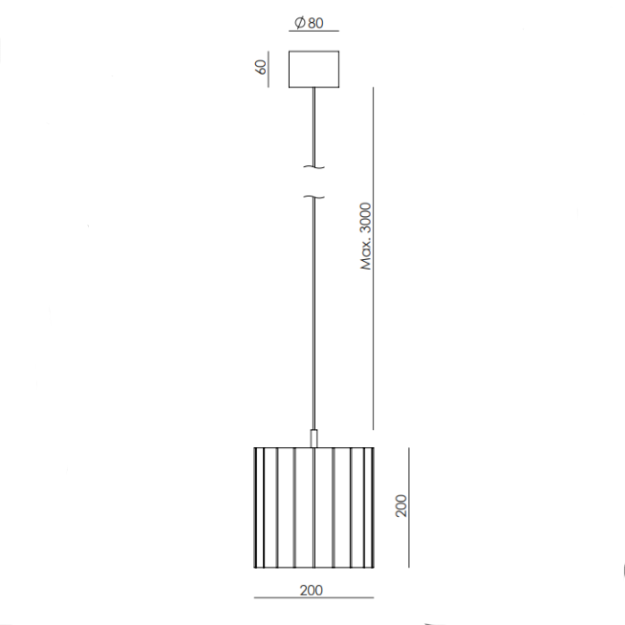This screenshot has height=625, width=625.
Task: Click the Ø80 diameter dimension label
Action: (x=309, y=23)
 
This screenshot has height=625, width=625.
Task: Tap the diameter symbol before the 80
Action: (x=300, y=23)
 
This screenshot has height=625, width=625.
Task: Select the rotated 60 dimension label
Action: (x=260, y=67)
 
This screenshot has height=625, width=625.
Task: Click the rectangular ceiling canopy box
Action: (x=314, y=69)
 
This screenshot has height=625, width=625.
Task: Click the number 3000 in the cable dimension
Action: (x=365, y=219)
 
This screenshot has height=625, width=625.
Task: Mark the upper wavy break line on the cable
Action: (x=314, y=167)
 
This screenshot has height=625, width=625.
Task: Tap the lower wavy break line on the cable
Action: (x=314, y=197)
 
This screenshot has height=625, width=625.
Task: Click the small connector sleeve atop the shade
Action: (x=314, y=438)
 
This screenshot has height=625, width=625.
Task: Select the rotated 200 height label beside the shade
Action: (x=401, y=506)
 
